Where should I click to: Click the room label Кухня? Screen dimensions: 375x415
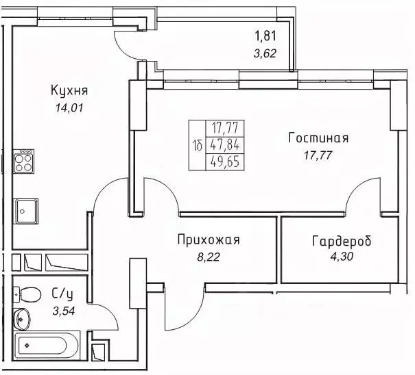[x=69, y=90]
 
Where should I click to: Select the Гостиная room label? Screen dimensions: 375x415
[x=318, y=138]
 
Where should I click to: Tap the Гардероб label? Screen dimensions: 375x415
[x=341, y=242]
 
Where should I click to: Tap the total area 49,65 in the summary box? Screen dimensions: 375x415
[x=224, y=161]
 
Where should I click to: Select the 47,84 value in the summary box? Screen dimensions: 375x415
[x=224, y=144]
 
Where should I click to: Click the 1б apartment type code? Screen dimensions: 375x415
[x=198, y=144]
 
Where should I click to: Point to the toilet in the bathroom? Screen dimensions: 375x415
[x=26, y=295]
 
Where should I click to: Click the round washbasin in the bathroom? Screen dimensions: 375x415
[x=21, y=317]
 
